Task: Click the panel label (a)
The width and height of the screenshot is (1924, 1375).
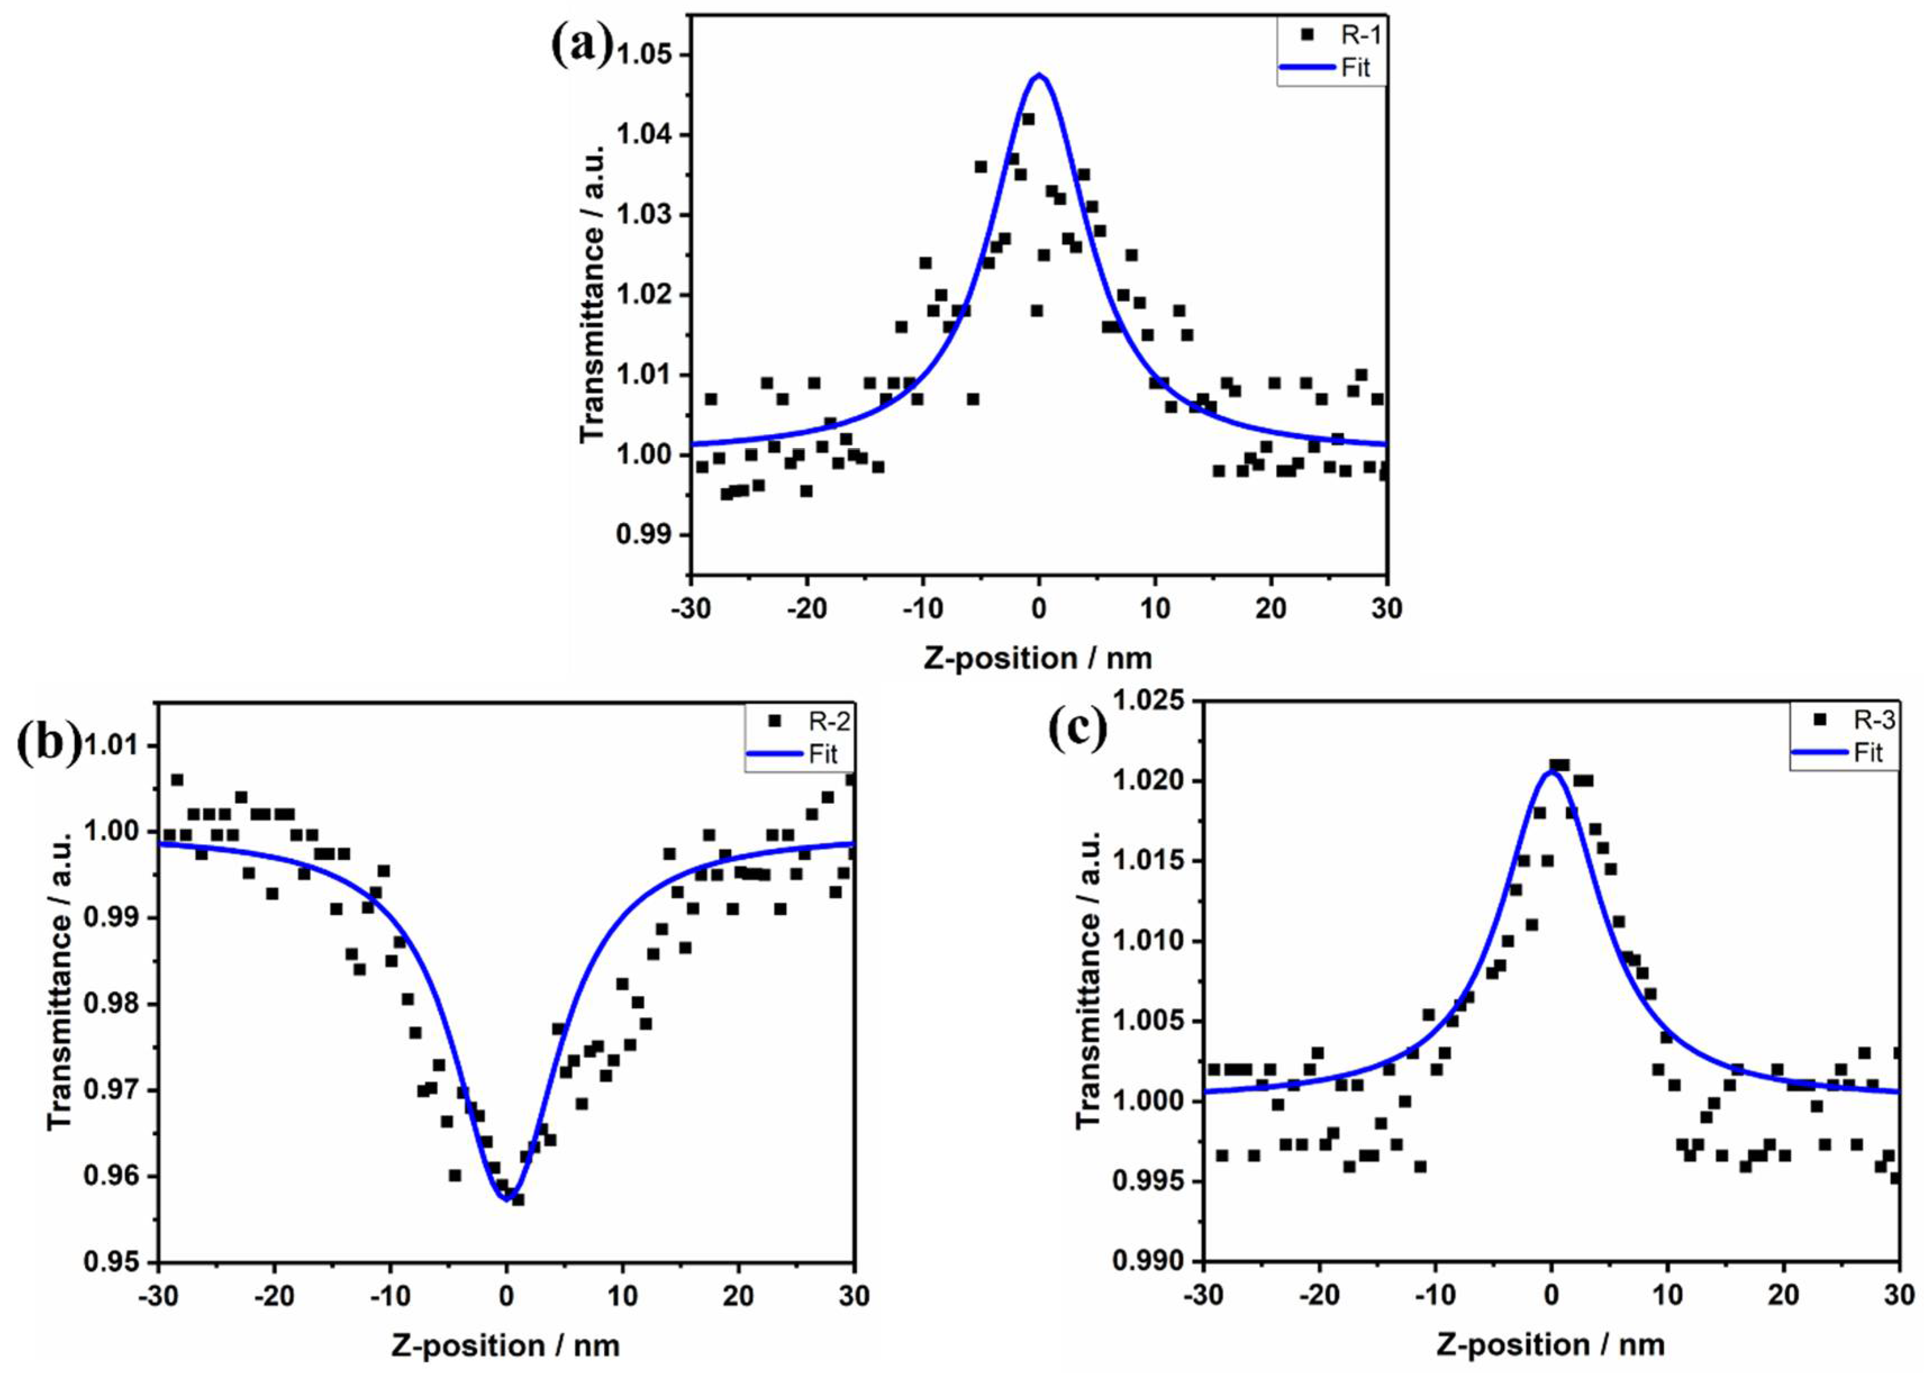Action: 581,47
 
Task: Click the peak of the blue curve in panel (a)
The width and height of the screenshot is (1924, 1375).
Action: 1039,75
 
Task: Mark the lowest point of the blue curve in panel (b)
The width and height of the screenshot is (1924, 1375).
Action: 507,1199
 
